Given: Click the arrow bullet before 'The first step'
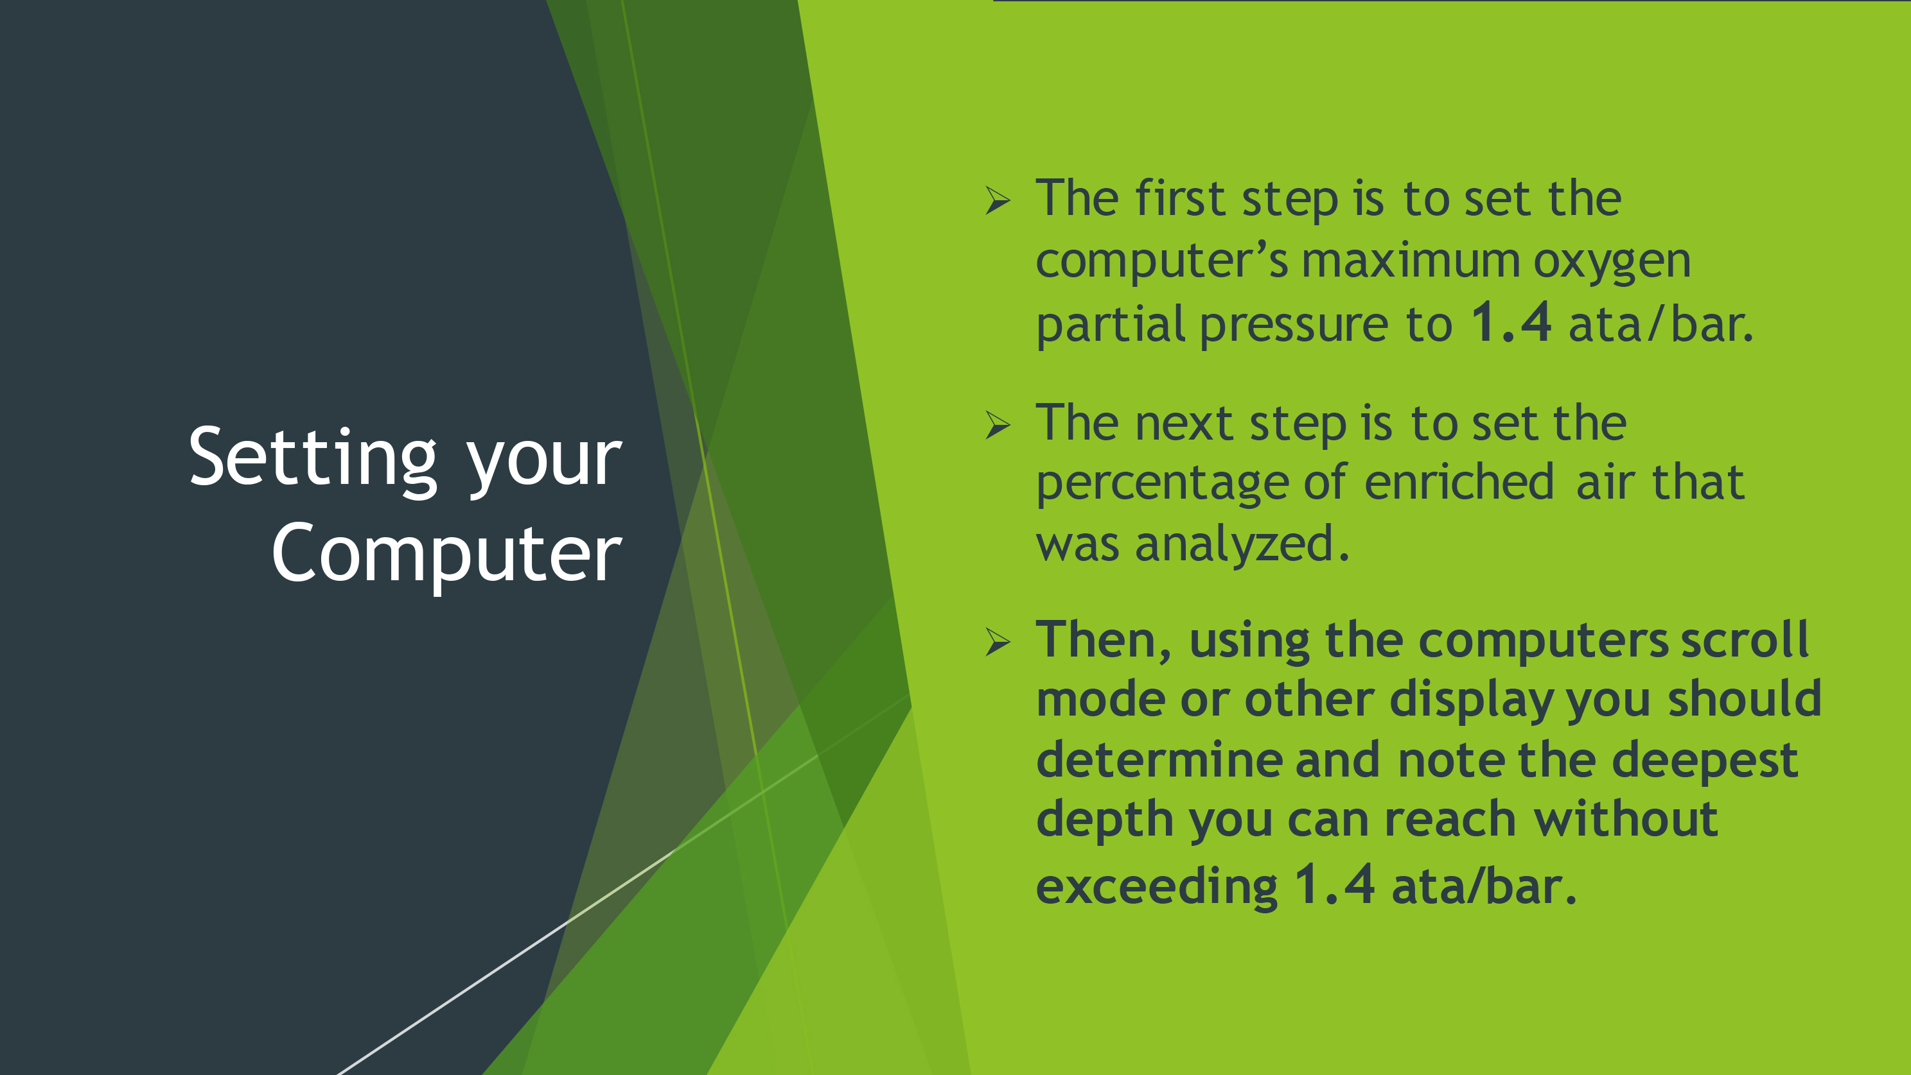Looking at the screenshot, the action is [998, 200].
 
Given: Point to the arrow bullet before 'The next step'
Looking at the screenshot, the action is [998, 425].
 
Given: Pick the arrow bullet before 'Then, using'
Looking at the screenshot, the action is [998, 641].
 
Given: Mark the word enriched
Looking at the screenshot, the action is [1459, 482].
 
